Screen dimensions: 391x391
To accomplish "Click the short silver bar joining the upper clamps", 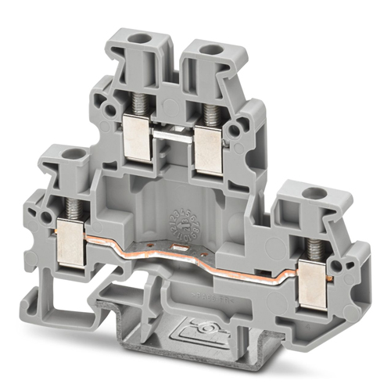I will click(176, 135).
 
